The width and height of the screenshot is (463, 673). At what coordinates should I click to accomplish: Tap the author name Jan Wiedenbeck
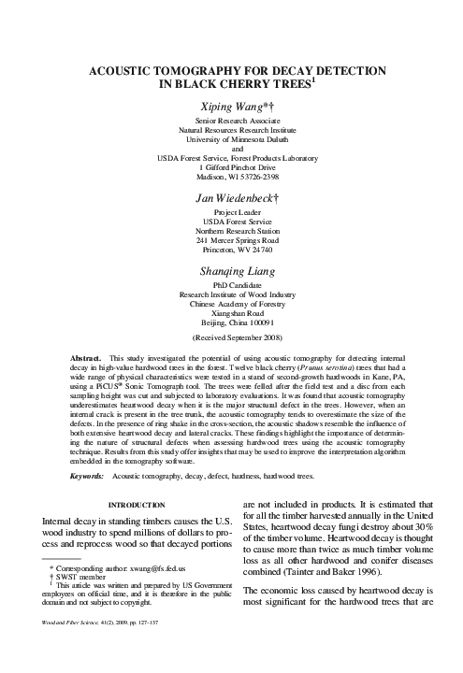230,198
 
